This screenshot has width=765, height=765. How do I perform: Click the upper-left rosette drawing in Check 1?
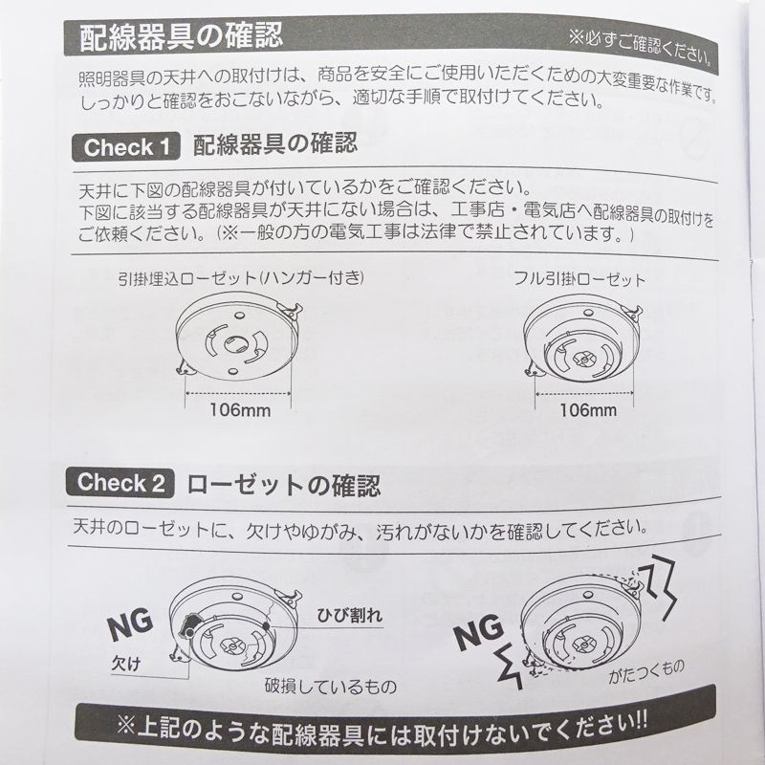point(236,339)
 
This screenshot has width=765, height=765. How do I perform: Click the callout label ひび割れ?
point(349,614)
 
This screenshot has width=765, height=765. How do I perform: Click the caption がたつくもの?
point(647,677)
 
